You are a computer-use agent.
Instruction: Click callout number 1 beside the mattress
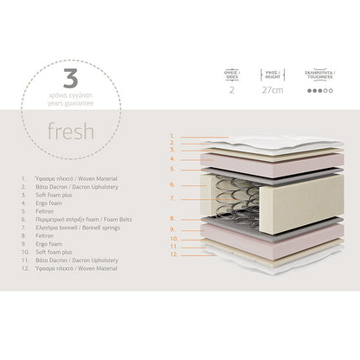(173, 137)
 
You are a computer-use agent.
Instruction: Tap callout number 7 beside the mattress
(173, 198)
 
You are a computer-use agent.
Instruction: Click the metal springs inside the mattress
(225, 197)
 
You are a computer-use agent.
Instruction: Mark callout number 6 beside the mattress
(173, 184)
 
